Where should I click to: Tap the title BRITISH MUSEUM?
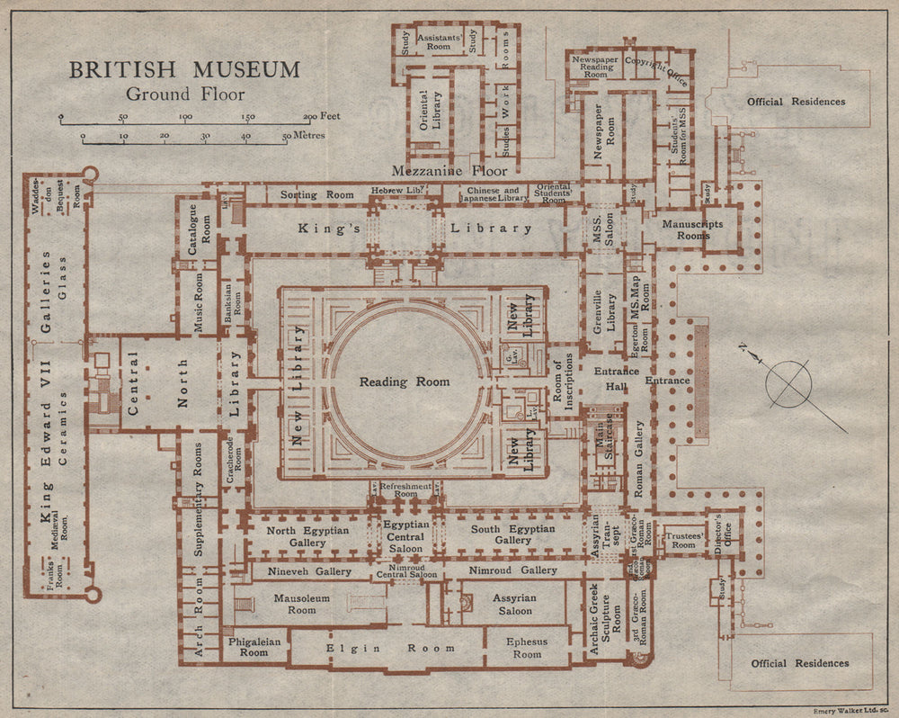point(185,69)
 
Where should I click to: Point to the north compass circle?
point(788,383)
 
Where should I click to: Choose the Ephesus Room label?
point(527,648)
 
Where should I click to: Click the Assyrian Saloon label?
point(512,604)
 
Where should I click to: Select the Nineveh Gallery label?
point(309,570)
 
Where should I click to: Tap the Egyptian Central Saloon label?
point(406,534)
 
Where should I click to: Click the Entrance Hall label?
point(616,379)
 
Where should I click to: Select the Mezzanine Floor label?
point(449,171)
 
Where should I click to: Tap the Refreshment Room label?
point(406,489)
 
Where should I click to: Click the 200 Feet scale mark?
point(321,117)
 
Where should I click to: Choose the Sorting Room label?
point(317,193)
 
